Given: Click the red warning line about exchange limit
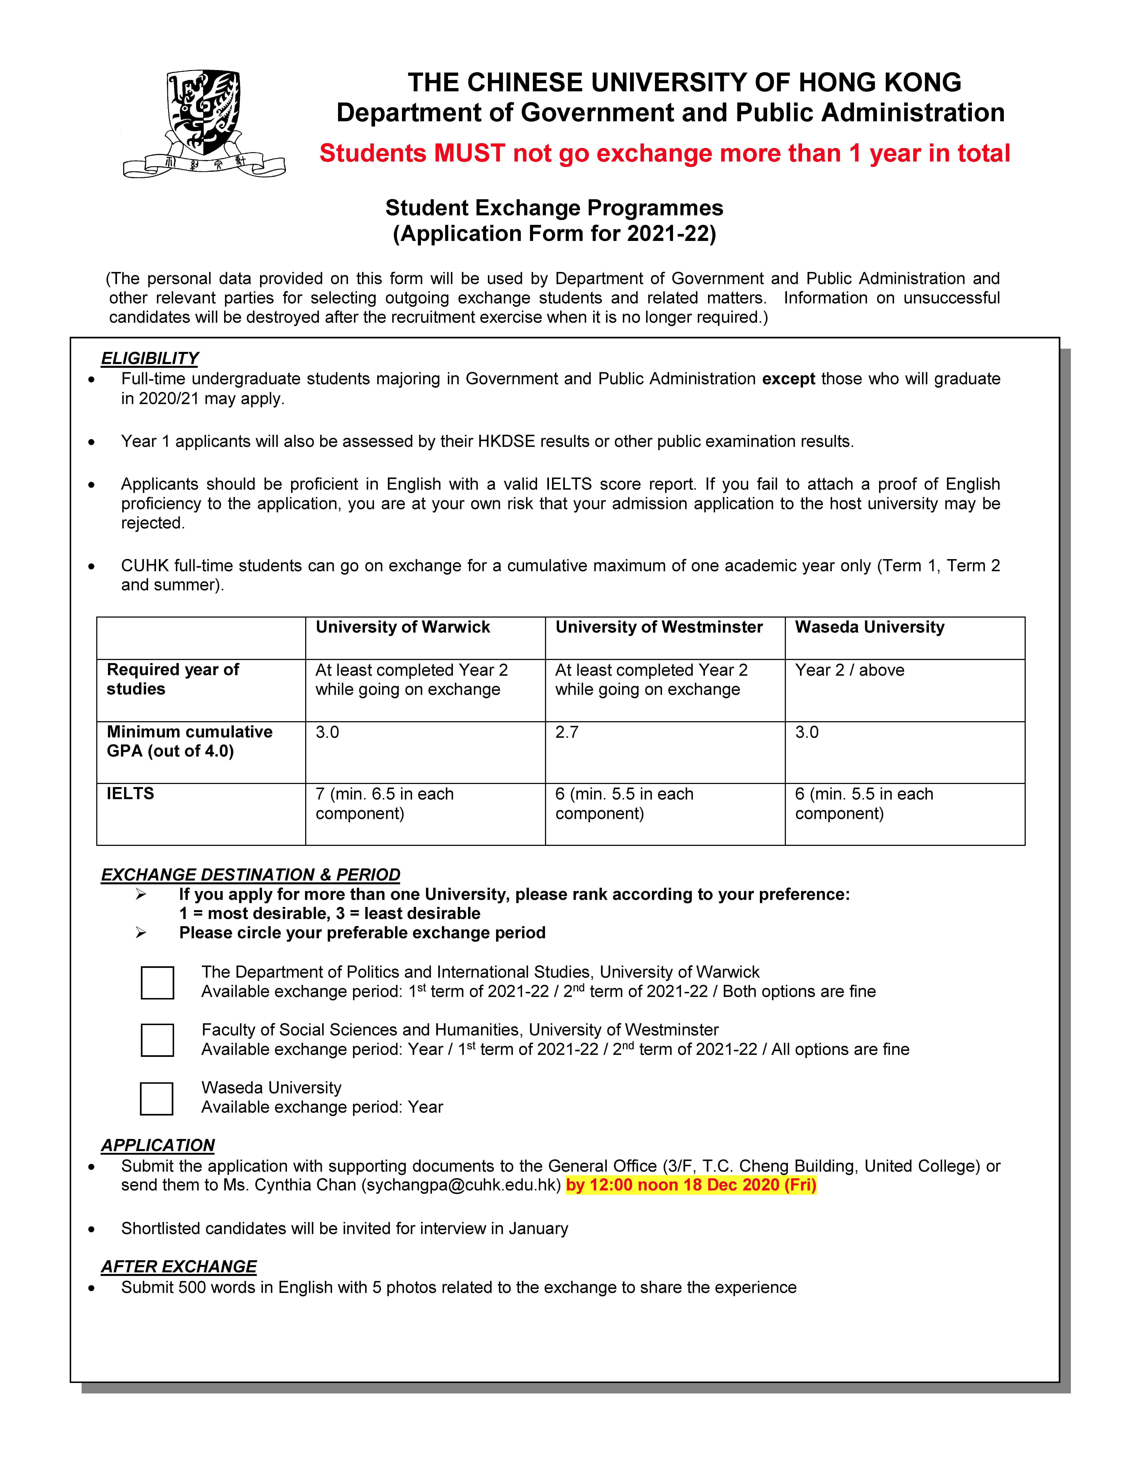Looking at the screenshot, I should pyautogui.click(x=664, y=154).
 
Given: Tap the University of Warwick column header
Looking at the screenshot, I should pyautogui.click(x=403, y=628).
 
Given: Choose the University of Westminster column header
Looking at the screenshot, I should pyautogui.click(x=659, y=628).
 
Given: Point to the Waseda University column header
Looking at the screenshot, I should pyautogui.click(x=869, y=628).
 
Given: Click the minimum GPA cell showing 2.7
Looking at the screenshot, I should pyautogui.click(x=567, y=732).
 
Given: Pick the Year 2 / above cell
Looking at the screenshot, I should pyautogui.click(x=850, y=670).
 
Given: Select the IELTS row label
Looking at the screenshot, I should pyautogui.click(x=131, y=794).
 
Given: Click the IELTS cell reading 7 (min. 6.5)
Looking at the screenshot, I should pyautogui.click(x=384, y=803).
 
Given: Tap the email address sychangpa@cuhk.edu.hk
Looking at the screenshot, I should pyautogui.click(x=463, y=1186).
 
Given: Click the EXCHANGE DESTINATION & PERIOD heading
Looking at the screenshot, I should pyautogui.click(x=250, y=875).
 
